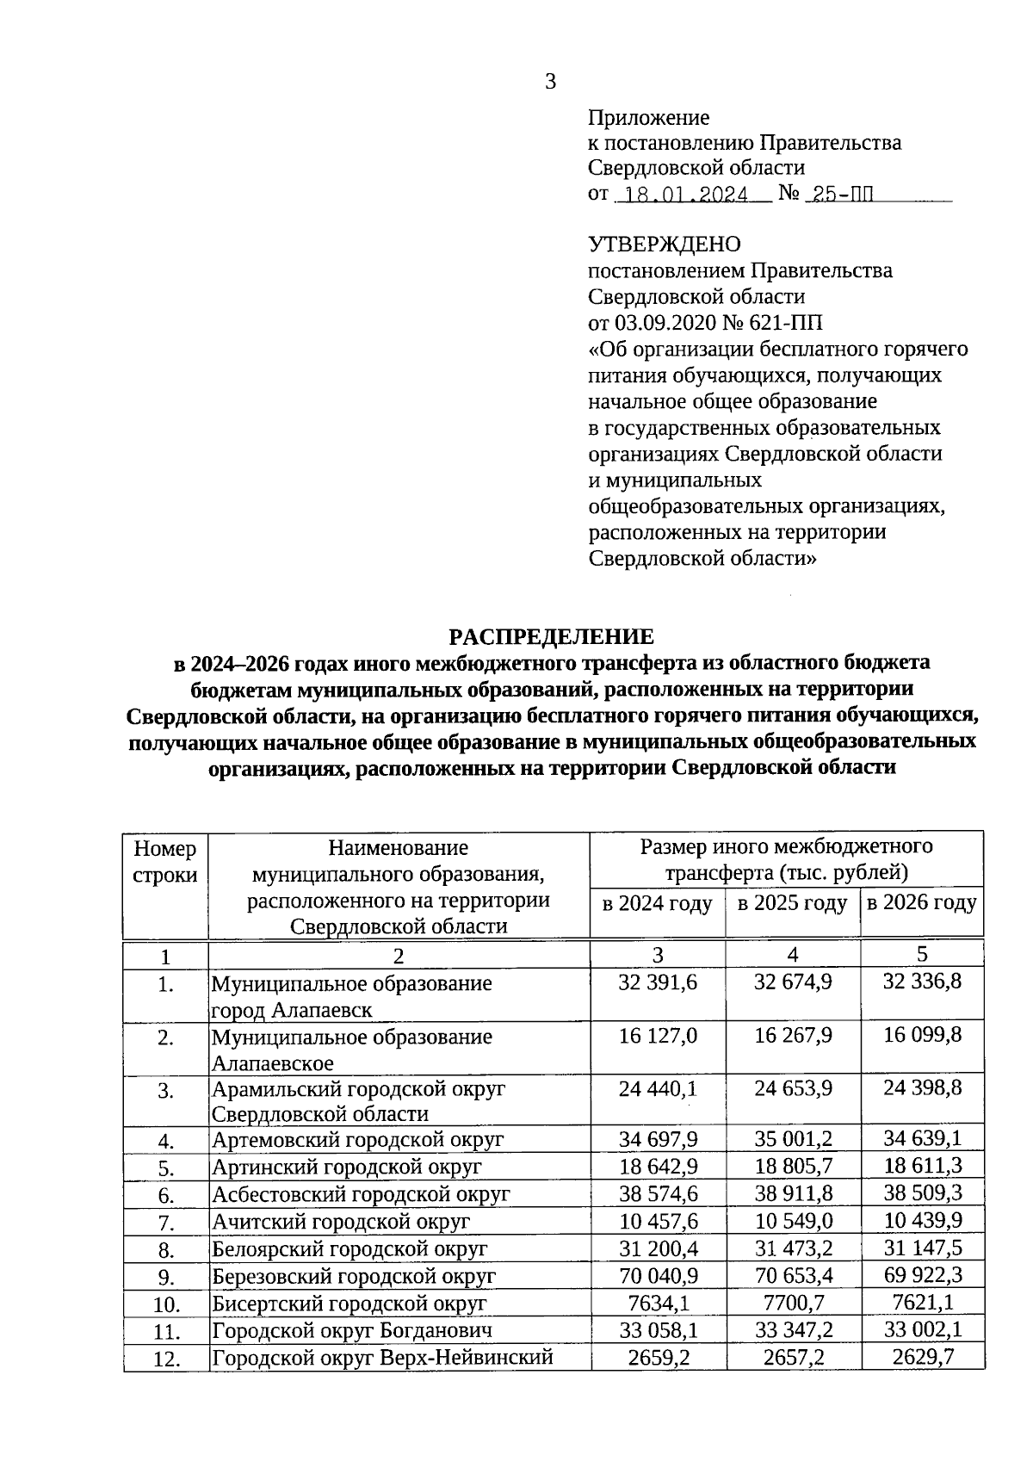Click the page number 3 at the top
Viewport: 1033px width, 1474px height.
coord(551,82)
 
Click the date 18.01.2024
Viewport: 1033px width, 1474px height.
coord(686,195)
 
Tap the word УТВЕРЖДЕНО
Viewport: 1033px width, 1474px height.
coord(664,245)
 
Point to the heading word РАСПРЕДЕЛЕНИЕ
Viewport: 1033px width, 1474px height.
coord(551,637)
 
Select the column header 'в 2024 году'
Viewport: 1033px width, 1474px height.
coord(657,904)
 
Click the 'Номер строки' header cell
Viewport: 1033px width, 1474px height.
coord(165,862)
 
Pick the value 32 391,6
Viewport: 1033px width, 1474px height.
coord(658,982)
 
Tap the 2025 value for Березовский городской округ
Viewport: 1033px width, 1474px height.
coord(793,1276)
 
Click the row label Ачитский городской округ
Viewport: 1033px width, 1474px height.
coord(341,1222)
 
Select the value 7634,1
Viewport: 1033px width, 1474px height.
coord(658,1303)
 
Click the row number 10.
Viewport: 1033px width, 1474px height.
coord(165,1305)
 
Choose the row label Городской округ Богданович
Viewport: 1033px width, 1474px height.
coord(352,1331)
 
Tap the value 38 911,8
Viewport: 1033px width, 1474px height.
coord(793,1194)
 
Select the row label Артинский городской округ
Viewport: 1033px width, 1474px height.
coord(346,1167)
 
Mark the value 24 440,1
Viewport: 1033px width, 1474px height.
coord(658,1089)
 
